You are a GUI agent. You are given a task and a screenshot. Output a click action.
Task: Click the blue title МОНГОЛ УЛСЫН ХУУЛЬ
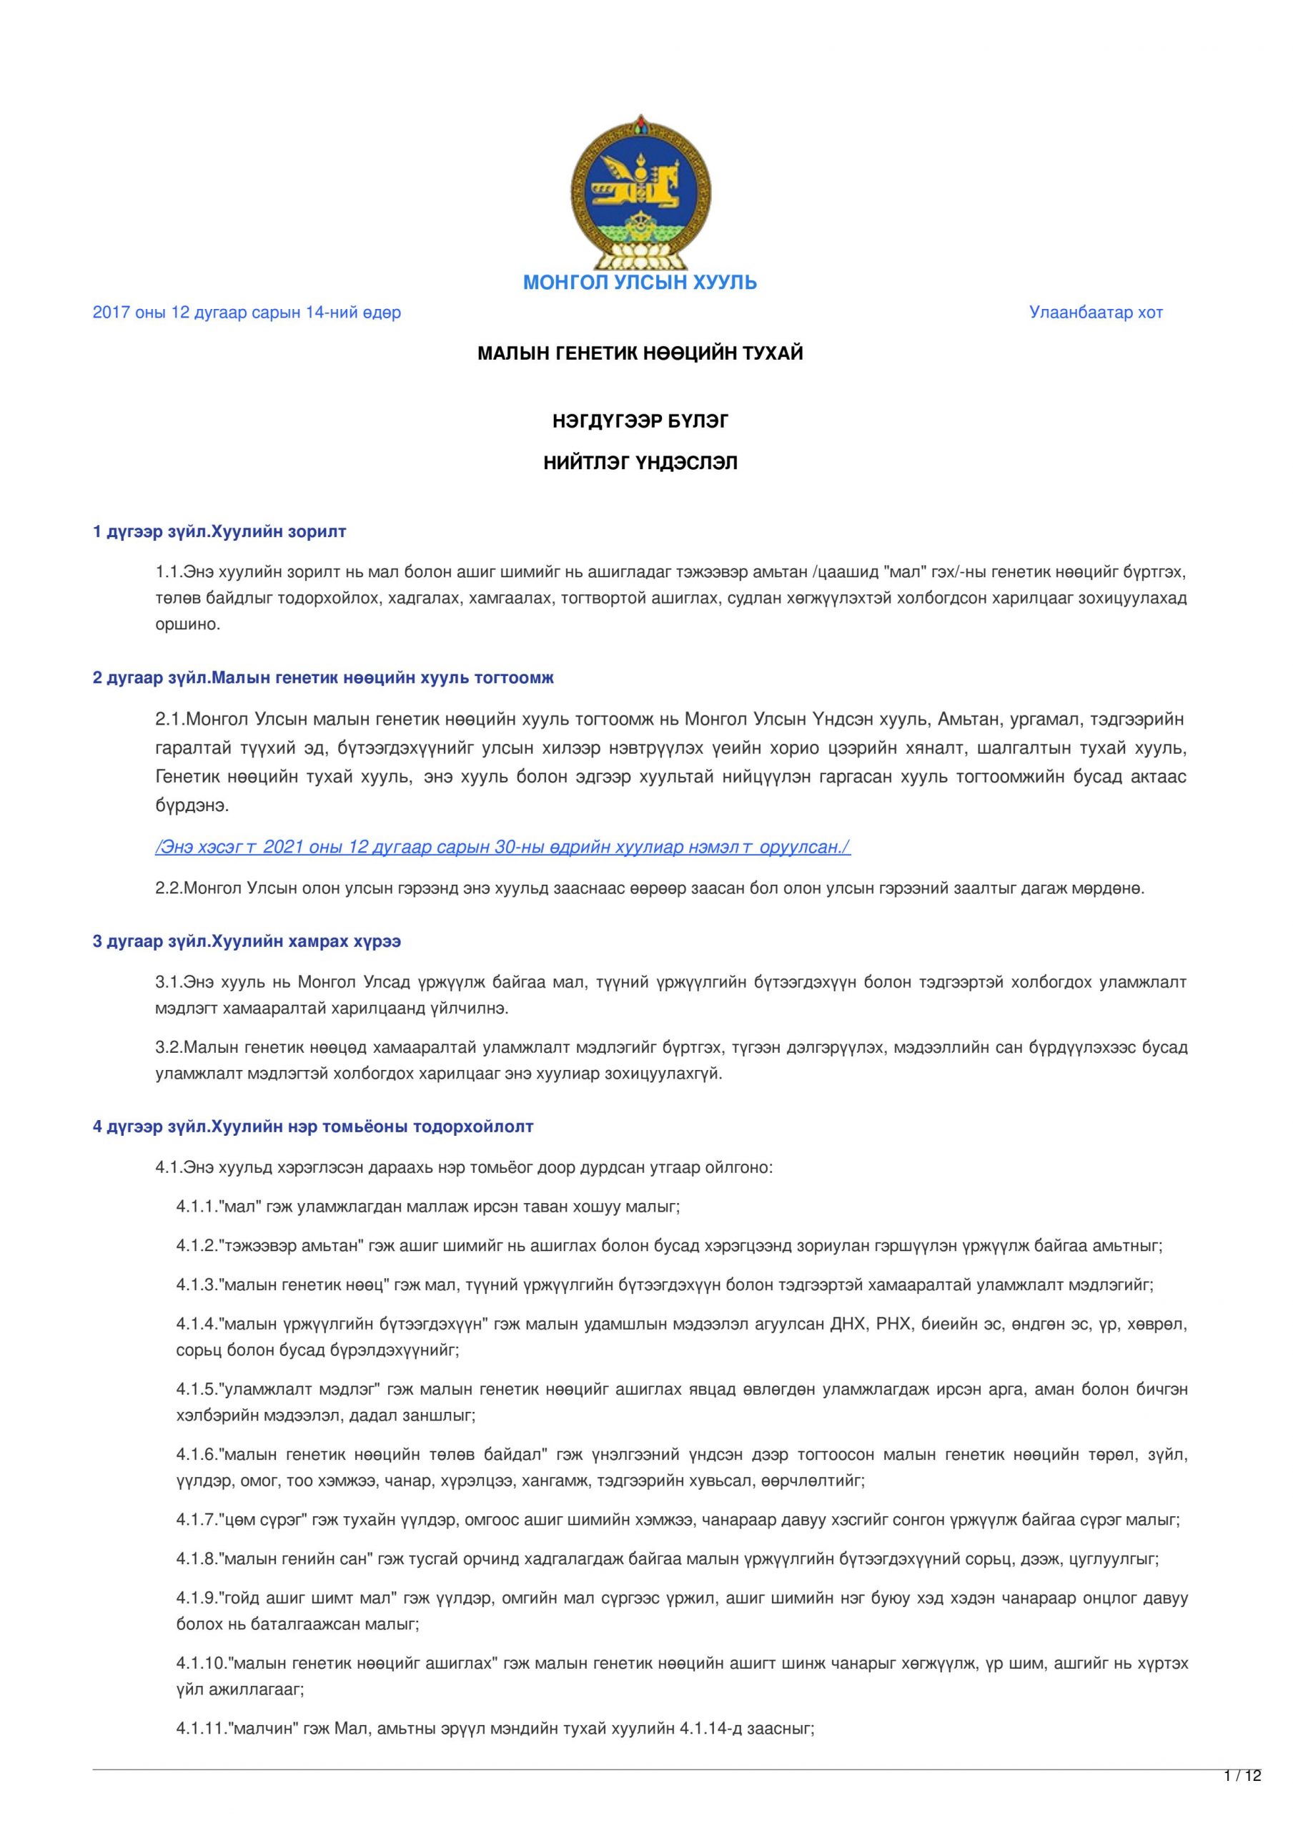639,283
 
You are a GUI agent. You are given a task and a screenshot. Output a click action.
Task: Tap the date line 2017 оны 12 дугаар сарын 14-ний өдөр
247,313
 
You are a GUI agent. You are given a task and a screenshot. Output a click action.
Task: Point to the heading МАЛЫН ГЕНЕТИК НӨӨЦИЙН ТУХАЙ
639,353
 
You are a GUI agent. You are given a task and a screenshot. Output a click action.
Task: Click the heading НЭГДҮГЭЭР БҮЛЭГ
639,422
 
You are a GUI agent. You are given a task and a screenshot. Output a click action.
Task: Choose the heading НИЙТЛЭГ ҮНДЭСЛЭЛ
639,463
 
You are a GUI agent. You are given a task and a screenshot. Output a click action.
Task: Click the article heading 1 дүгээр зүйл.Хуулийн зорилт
219,531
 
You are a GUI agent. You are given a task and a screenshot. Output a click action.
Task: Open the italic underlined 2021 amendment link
502,847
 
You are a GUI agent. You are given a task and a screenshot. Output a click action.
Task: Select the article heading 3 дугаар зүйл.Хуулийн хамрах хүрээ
247,942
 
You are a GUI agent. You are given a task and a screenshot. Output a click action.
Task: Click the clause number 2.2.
168,888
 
